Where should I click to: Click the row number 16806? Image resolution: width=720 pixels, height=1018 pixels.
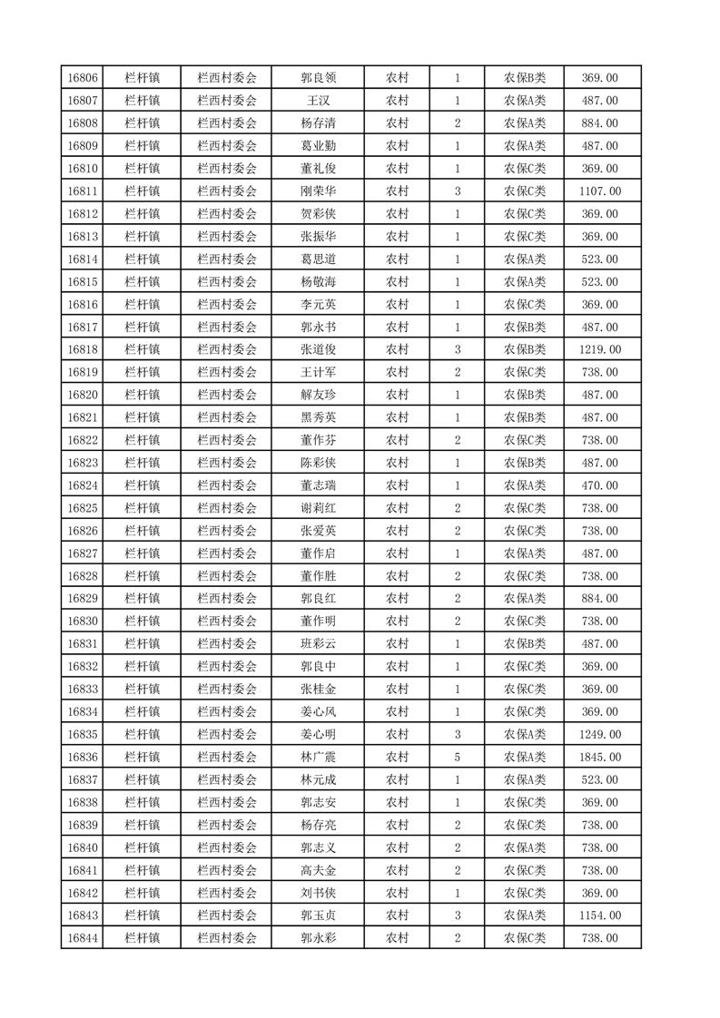tap(83, 78)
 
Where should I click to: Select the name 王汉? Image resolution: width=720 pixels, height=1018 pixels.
tap(318, 101)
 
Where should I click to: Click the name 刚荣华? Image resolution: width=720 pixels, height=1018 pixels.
tap(318, 191)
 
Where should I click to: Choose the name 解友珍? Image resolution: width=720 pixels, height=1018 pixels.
tap(318, 395)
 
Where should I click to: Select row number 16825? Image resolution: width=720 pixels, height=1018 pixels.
tap(83, 508)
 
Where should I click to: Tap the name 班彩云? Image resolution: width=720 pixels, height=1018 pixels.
tap(318, 644)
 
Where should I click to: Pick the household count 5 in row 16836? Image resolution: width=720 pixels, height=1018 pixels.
tap(457, 757)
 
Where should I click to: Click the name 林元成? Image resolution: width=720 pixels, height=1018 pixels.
tap(318, 779)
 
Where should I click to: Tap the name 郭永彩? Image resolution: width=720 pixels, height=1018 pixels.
tap(318, 938)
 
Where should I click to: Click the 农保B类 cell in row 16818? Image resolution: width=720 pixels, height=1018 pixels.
tap(525, 349)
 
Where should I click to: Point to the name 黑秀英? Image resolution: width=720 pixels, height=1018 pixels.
tap(318, 417)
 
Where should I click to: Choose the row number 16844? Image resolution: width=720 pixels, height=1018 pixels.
tap(83, 938)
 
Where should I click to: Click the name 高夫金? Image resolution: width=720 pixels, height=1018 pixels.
tap(318, 870)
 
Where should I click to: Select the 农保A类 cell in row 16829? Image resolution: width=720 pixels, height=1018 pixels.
tap(525, 599)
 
